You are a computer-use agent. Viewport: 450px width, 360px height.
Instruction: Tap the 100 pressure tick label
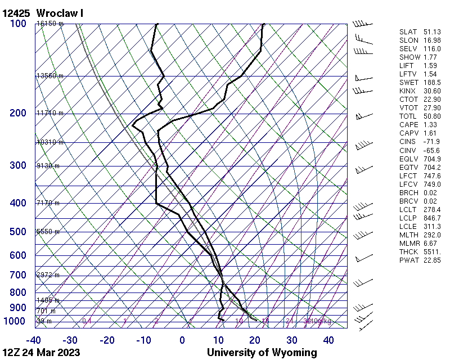pos(18,24)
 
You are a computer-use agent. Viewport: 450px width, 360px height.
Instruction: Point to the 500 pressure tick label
pos(18,232)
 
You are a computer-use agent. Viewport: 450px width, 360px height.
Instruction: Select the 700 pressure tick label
pos(18,275)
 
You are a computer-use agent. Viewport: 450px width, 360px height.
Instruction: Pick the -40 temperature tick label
pos(33,340)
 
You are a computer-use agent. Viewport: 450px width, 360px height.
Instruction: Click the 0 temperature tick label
pos(182,340)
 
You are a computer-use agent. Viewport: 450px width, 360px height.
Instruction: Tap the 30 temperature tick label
pos(292,340)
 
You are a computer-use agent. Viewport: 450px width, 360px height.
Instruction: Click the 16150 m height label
pos(50,24)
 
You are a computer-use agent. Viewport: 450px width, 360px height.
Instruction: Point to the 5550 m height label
pos(48,232)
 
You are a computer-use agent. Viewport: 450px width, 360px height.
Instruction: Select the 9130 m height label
pos(48,166)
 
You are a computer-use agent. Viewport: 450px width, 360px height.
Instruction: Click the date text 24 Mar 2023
pos(52,353)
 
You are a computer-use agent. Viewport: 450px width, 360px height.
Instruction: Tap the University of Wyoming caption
pos(262,353)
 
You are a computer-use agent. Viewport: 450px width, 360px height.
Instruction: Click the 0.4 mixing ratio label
pos(87,321)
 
